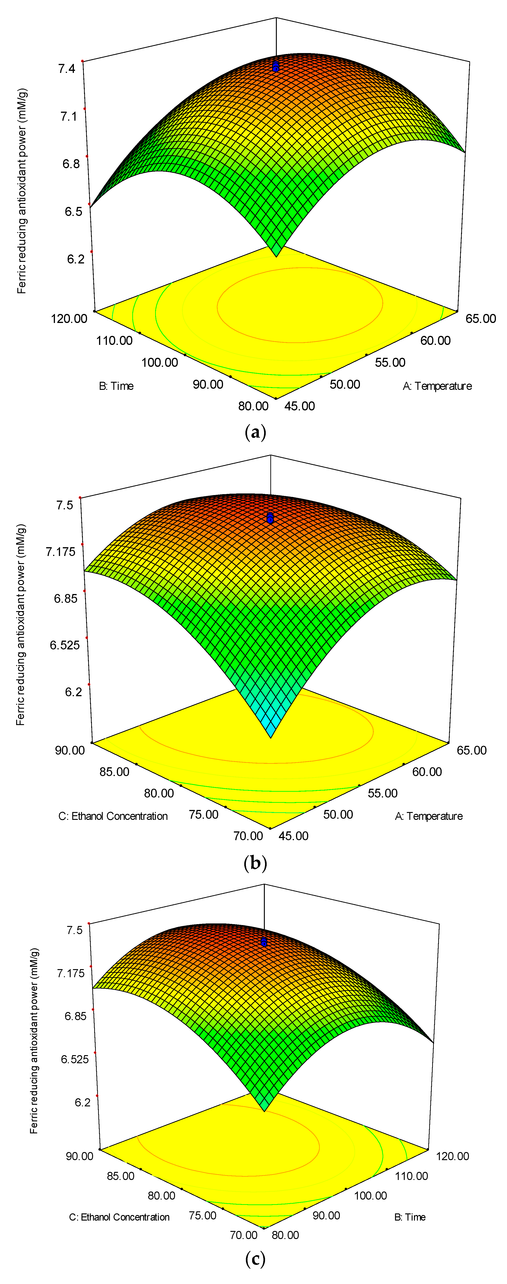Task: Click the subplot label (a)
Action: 256,432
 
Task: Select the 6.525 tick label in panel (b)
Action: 64,645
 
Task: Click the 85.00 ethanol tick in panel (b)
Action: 114,772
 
